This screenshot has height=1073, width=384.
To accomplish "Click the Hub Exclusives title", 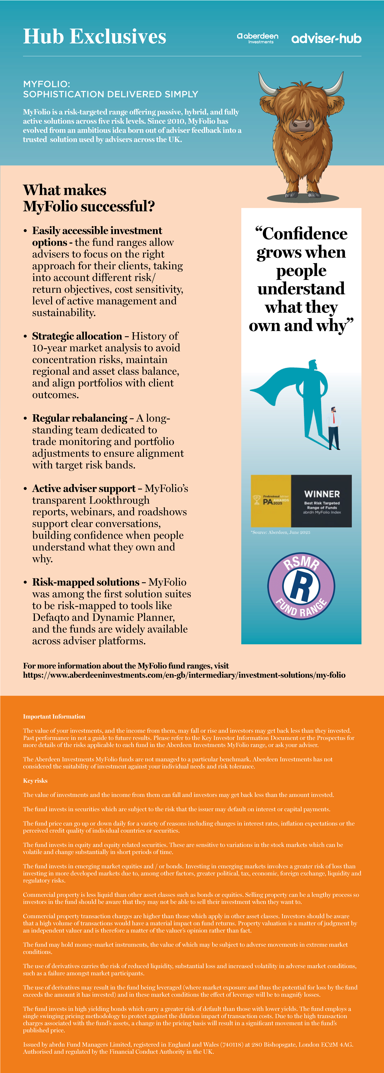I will (x=95, y=37).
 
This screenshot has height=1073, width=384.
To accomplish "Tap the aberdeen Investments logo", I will (x=258, y=38).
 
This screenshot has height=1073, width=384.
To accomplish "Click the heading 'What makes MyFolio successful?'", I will (x=89, y=198).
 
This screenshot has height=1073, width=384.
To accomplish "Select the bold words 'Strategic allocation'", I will (x=77, y=336).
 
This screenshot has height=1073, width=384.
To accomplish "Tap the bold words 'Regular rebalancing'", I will (x=80, y=418).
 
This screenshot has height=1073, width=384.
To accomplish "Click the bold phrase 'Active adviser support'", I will (x=84, y=489).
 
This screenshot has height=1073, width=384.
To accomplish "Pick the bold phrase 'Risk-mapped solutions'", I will (x=86, y=582).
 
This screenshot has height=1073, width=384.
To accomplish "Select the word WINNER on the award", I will (x=322, y=494).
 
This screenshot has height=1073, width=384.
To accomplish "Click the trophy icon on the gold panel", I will (x=257, y=499).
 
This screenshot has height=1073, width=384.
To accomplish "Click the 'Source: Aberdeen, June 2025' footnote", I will (x=280, y=532).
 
